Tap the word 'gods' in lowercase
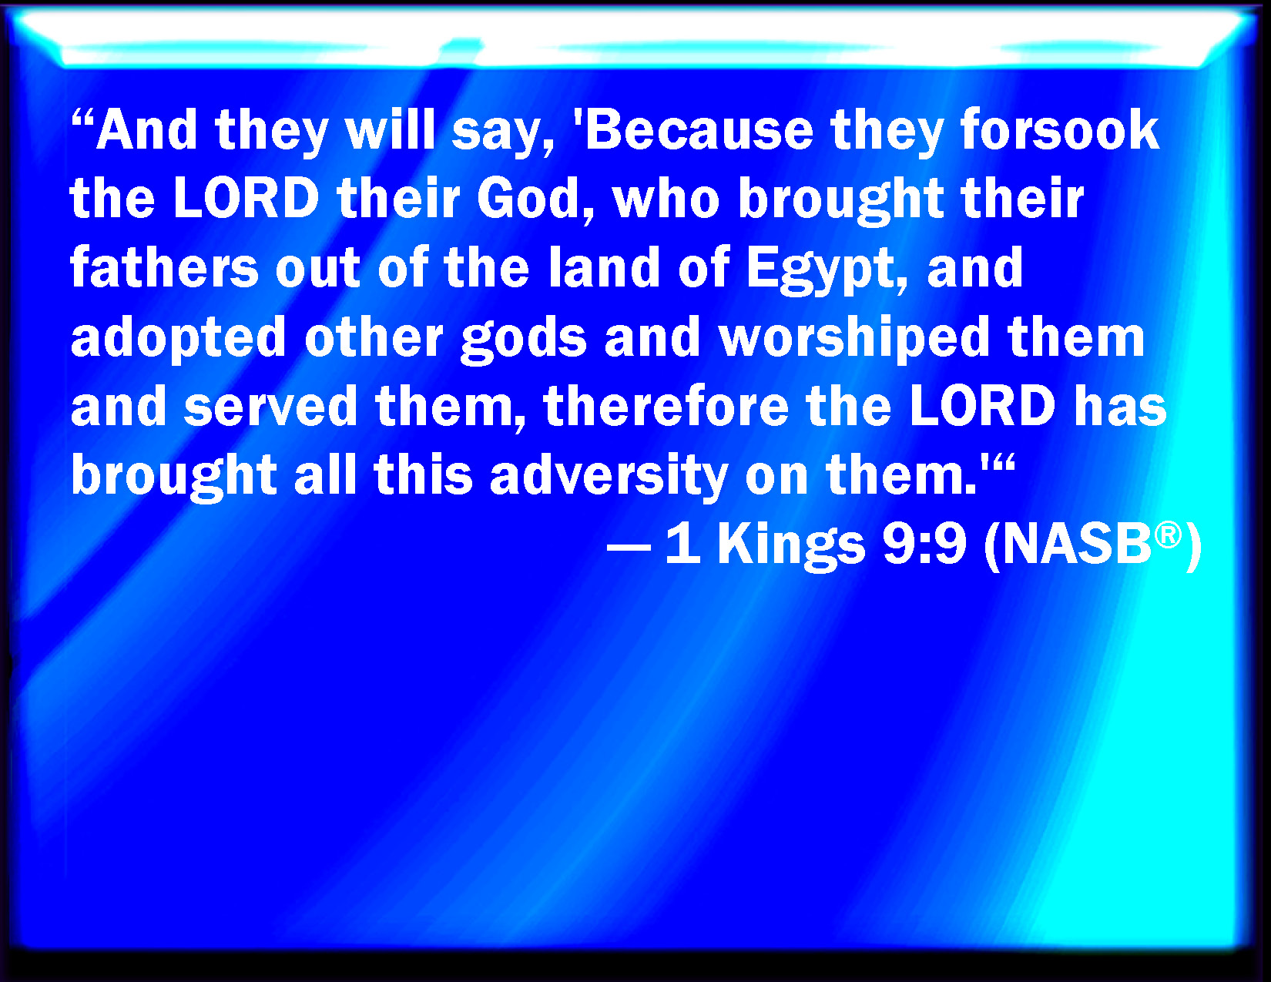524,339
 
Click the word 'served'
271,406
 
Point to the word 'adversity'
609,478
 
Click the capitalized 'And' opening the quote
146,130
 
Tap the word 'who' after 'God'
666,198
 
